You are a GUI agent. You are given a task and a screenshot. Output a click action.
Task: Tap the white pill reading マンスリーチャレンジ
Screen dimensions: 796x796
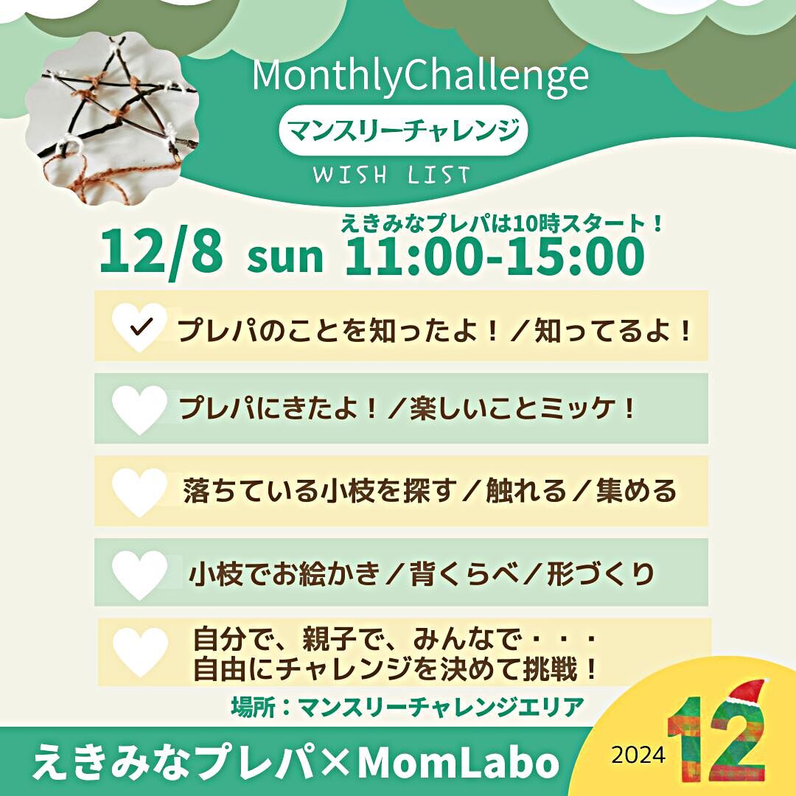(403, 130)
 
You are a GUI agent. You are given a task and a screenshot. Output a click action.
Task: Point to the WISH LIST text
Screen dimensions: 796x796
(391, 175)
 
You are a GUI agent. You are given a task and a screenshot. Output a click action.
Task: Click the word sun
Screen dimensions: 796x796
(284, 257)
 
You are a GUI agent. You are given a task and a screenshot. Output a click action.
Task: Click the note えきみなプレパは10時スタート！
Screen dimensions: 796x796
(502, 223)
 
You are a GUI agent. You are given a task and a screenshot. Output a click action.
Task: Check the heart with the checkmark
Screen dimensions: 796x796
(139, 327)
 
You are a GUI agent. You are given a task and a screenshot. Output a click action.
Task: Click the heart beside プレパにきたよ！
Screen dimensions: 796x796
(139, 410)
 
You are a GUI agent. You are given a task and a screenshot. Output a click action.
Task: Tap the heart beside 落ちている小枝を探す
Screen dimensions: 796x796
(139, 492)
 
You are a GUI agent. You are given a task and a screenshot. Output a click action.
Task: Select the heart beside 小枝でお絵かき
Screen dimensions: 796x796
(139, 575)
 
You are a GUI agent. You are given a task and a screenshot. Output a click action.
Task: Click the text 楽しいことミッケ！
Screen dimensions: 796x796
(523, 408)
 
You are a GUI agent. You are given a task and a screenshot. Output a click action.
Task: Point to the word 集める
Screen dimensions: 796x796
(636, 491)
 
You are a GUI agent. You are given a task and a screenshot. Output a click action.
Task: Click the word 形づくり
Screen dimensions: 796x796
(601, 573)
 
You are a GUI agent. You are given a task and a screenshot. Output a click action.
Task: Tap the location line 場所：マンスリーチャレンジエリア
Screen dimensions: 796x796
(408, 707)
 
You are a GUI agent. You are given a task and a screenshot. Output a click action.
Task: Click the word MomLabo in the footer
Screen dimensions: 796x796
(458, 763)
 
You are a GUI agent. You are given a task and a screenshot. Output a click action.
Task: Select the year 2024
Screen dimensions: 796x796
(638, 755)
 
